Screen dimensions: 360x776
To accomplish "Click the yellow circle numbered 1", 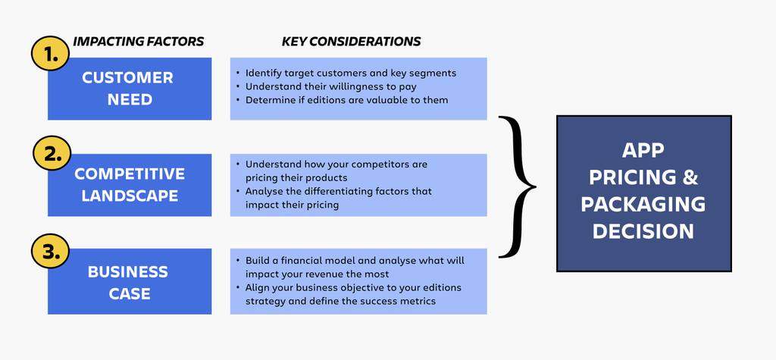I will click(49, 54).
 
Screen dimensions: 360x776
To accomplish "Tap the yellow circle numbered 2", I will click(52, 155).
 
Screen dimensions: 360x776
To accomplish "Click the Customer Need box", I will click(129, 89).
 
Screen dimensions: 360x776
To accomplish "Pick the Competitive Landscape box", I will click(129, 185).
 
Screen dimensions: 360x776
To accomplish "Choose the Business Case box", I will click(129, 281).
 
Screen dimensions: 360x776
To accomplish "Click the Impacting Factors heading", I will click(138, 42).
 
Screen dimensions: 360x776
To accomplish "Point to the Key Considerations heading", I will click(351, 42).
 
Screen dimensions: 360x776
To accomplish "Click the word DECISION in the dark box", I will click(643, 231).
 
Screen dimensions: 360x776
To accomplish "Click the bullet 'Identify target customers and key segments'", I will click(351, 73).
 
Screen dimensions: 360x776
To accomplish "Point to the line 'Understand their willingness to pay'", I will click(331, 86).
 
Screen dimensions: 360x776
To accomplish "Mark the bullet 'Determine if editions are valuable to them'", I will click(346, 100).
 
